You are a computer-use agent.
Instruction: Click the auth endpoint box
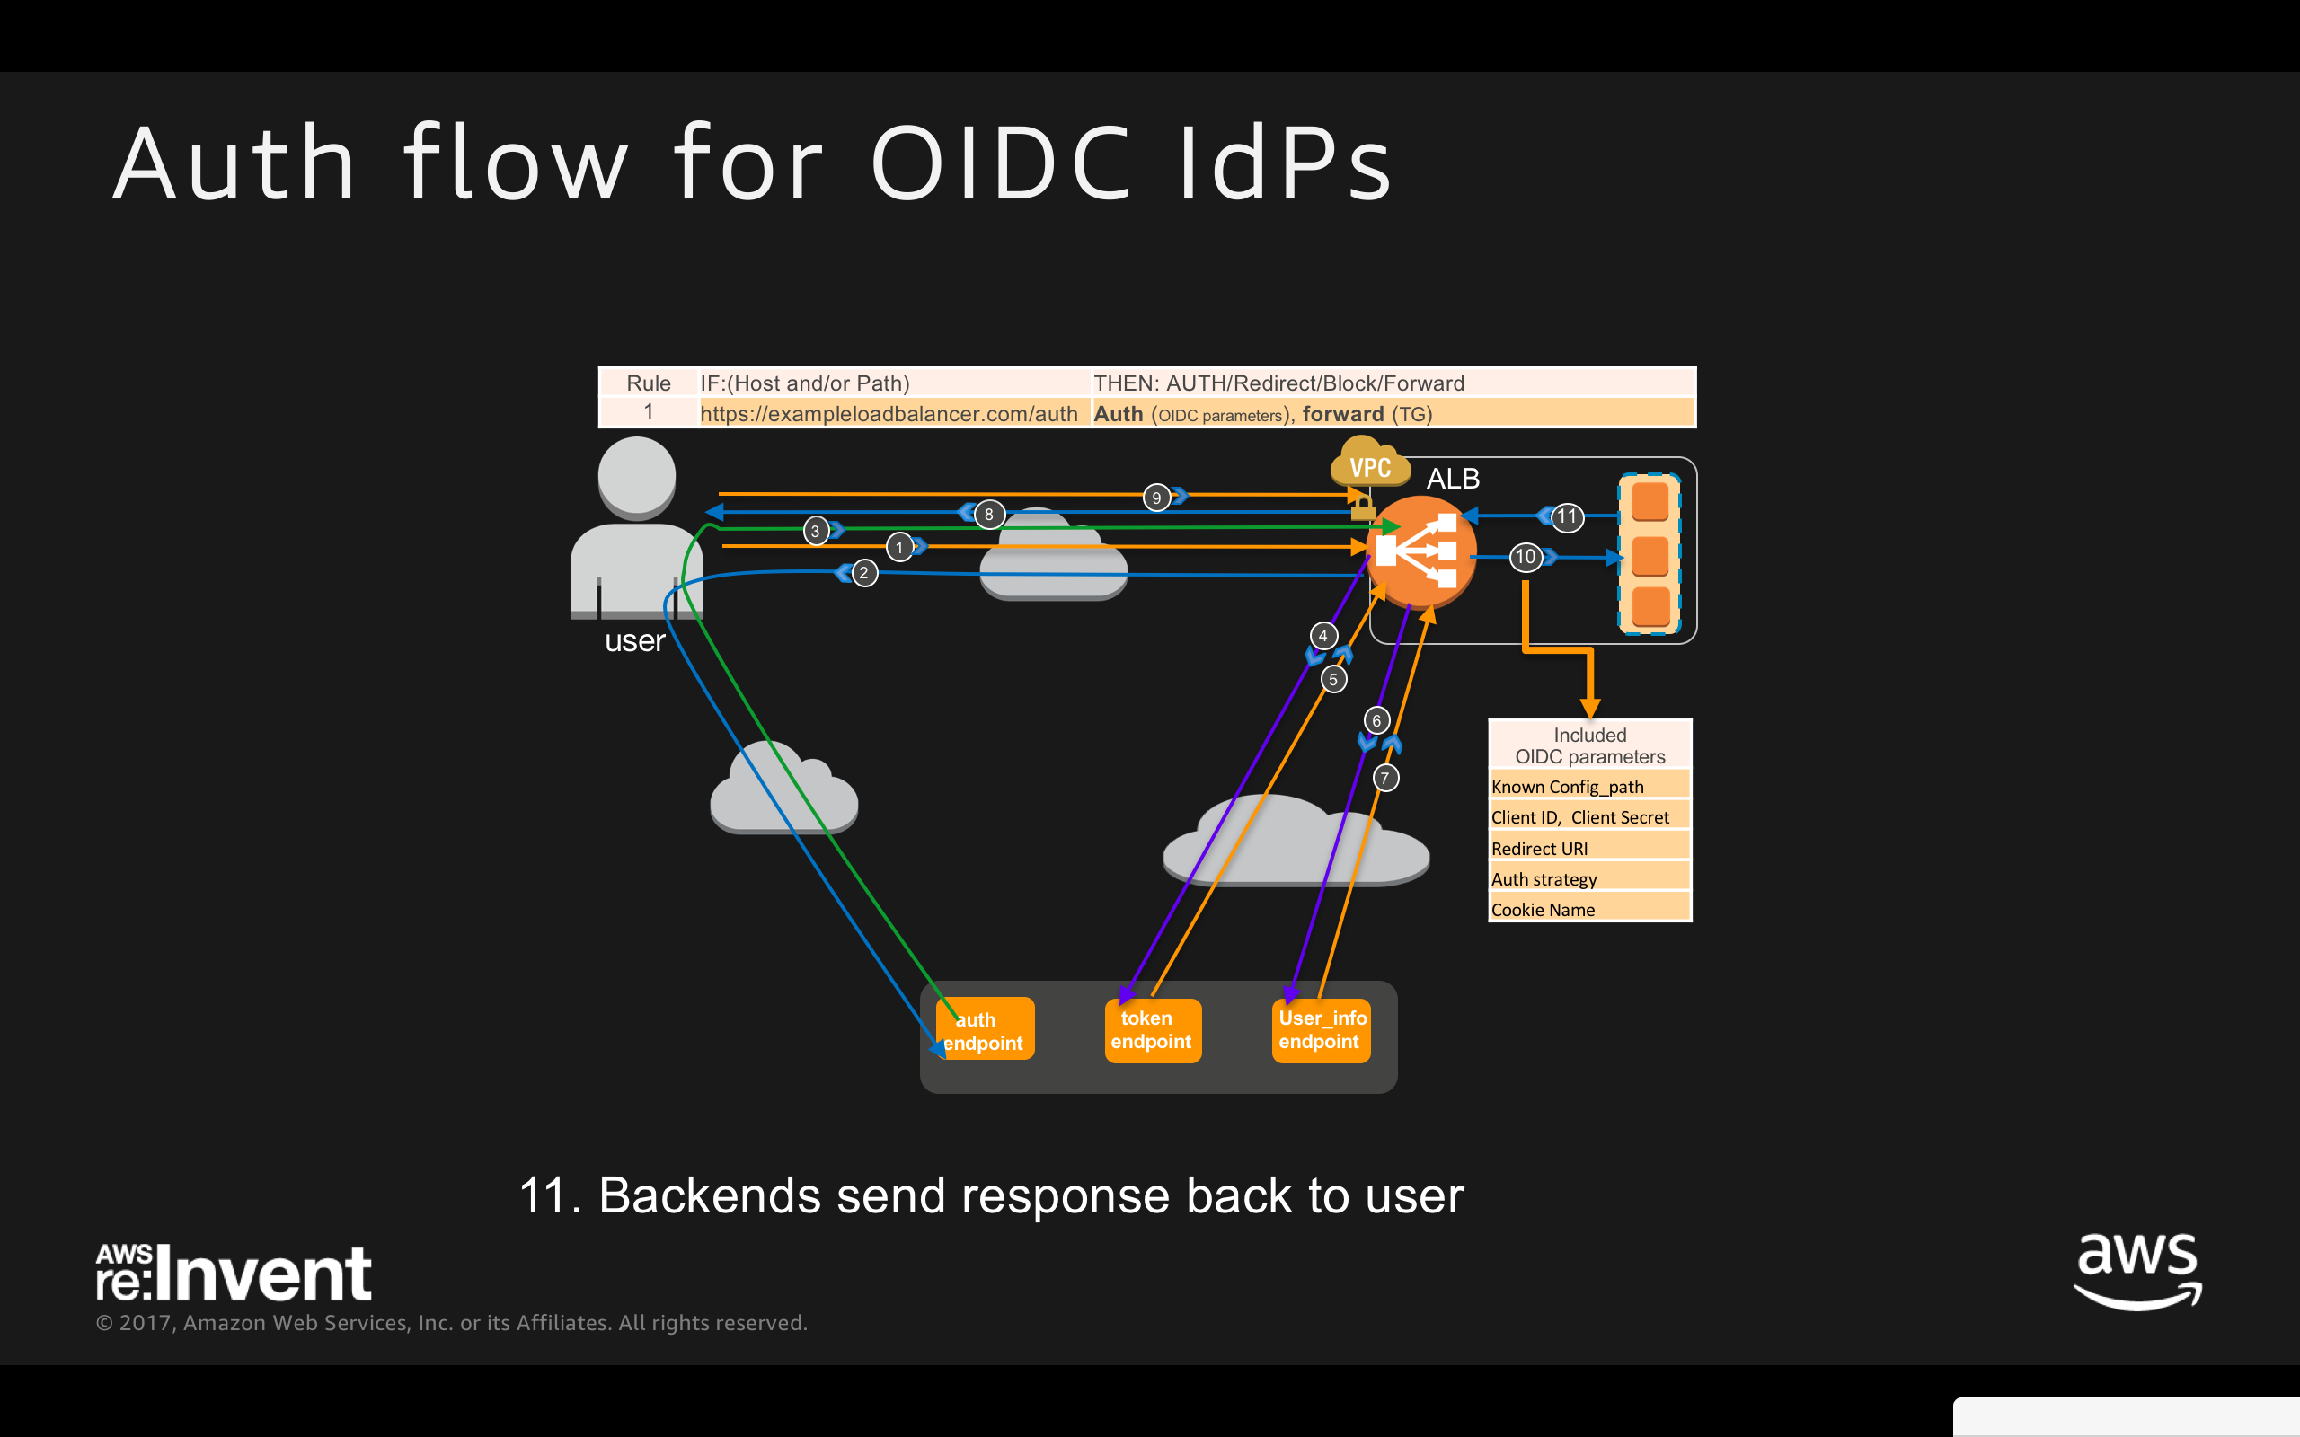click(x=985, y=1030)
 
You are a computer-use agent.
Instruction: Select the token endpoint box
click(x=1152, y=1030)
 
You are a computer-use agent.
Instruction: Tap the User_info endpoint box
click(x=1321, y=1030)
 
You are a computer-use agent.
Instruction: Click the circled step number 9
click(x=1155, y=497)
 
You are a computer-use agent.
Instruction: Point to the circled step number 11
click(x=1567, y=517)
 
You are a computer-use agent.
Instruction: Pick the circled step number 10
click(x=1526, y=557)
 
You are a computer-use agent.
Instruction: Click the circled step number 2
click(x=864, y=573)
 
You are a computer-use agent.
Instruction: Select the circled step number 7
click(x=1385, y=779)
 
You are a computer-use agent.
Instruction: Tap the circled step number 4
click(x=1323, y=636)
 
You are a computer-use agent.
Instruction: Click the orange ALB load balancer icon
click(x=1420, y=551)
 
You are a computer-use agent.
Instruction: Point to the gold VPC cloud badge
click(x=1369, y=463)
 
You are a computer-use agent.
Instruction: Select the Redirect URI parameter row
click(x=1589, y=849)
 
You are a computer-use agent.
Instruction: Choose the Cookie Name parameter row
click(x=1589, y=910)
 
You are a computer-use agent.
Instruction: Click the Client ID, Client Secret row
click(x=1589, y=817)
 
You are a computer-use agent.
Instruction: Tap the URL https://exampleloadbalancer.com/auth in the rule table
click(x=889, y=414)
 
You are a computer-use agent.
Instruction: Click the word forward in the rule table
click(x=1342, y=414)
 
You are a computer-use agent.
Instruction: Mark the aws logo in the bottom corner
click(x=2137, y=1271)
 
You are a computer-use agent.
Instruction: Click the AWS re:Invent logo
click(x=234, y=1273)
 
